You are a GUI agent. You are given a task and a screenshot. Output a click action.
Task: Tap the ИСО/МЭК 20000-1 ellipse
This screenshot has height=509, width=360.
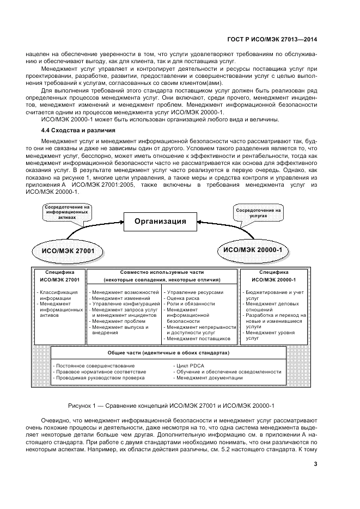tap(253, 249)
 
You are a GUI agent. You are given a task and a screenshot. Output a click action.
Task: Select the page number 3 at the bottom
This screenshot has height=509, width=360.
tap(315, 464)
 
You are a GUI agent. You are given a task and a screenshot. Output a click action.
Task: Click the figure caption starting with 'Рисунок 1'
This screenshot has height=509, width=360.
tap(172, 406)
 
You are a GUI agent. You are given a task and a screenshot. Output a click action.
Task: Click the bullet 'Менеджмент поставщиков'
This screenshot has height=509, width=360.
tap(190, 339)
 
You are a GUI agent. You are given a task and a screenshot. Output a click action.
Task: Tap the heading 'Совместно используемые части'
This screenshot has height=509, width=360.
tap(163, 272)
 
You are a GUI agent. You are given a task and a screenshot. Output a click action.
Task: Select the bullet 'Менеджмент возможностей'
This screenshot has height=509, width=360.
tap(125, 292)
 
